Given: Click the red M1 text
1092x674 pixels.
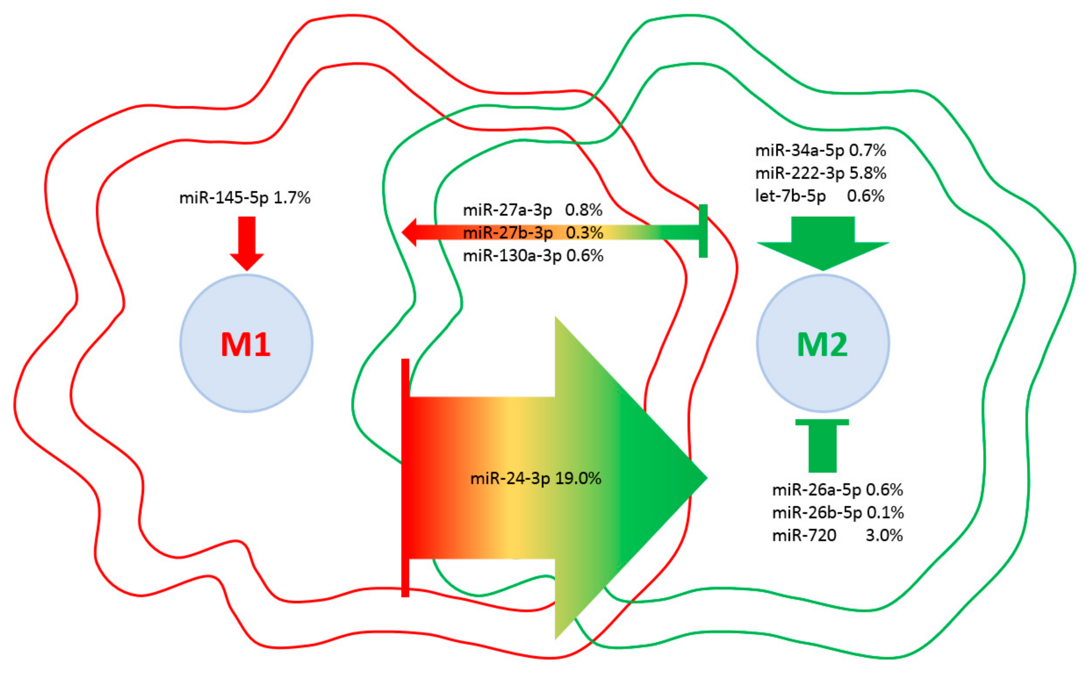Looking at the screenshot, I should tap(245, 345).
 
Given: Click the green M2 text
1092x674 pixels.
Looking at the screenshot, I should tap(822, 345).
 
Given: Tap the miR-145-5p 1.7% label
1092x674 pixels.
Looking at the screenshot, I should tap(245, 198).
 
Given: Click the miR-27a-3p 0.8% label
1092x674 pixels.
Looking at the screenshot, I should tap(533, 209).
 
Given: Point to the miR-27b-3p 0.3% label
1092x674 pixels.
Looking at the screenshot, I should tap(533, 233).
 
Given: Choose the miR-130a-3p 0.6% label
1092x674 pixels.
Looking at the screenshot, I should tap(533, 256).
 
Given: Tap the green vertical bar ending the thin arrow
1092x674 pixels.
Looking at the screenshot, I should tap(703, 231).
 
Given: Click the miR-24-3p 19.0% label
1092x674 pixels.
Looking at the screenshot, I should tap(536, 478).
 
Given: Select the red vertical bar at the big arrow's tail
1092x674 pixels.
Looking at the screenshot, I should tap(405, 477).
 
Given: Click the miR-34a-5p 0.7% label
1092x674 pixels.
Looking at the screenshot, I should tap(820, 150).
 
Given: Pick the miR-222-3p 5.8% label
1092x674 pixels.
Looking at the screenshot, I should tap(820, 173).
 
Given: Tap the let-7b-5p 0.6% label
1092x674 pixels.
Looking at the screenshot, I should tap(819, 196).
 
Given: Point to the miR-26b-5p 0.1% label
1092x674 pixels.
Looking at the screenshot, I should tap(838, 512).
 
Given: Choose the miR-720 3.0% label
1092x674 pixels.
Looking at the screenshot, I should tap(837, 535).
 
